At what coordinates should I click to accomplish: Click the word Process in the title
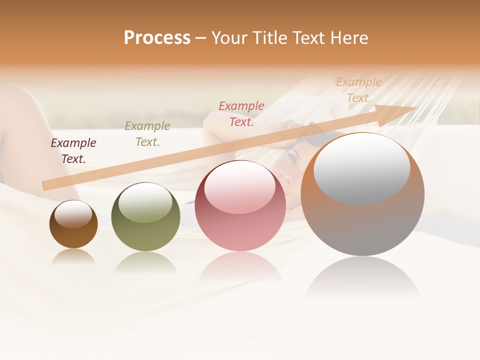click(x=157, y=38)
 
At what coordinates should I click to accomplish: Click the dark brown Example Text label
click(x=73, y=151)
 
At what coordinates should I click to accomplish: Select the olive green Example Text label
click(x=147, y=134)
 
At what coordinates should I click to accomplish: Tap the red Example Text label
click(x=241, y=114)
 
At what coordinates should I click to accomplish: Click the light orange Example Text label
click(x=359, y=90)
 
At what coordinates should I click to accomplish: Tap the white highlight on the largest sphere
click(x=362, y=168)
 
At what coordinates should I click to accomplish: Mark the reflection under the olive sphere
click(x=145, y=262)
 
